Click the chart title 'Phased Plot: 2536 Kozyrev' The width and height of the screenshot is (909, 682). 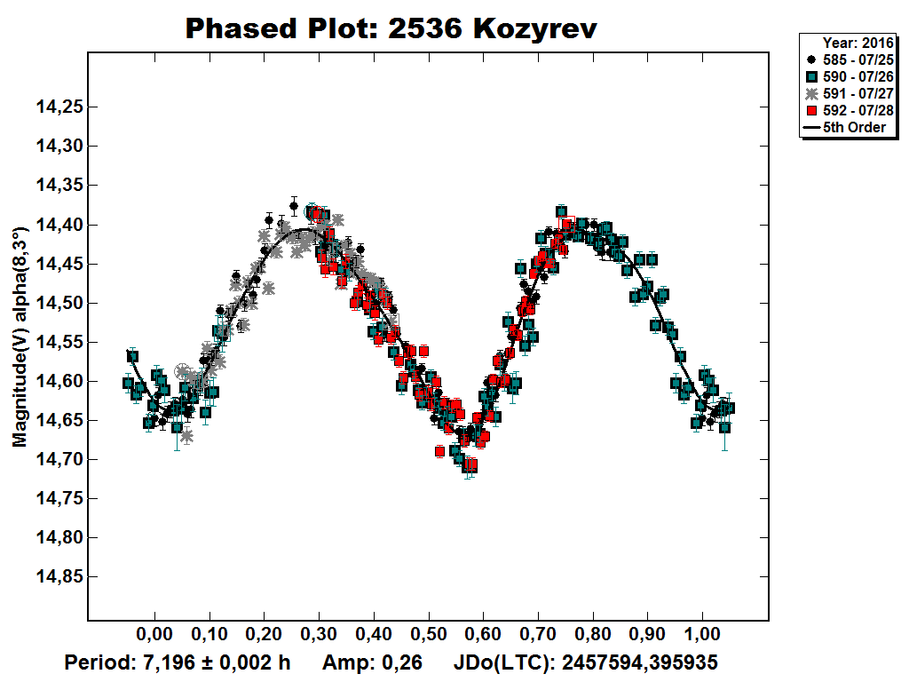[391, 28]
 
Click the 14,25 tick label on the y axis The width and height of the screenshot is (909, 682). [59, 107]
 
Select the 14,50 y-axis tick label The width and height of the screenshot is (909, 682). [59, 303]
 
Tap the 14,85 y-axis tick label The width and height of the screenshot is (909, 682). [59, 576]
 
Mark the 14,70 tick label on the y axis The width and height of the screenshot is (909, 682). [59, 459]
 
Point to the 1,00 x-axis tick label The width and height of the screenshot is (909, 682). [702, 636]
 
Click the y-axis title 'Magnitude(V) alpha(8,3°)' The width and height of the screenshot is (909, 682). [19, 337]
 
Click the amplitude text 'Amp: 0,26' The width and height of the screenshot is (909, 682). [371, 662]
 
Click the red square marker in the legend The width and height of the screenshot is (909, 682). [810, 110]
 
